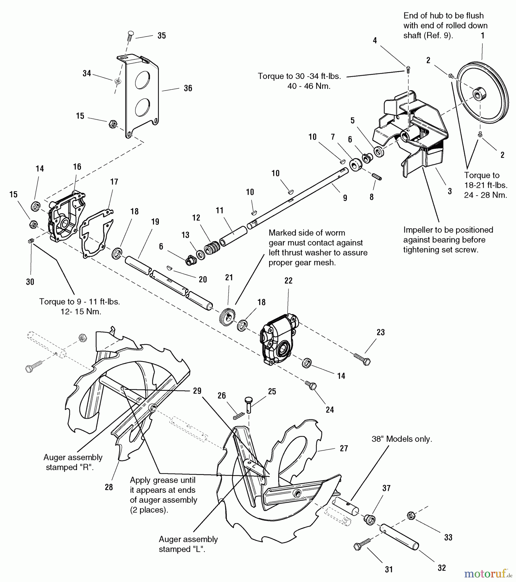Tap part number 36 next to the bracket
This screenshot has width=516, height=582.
click(188, 88)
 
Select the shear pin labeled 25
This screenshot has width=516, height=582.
click(249, 404)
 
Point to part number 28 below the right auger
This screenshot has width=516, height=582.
click(109, 487)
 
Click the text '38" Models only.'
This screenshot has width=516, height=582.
click(401, 439)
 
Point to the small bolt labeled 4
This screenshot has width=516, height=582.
click(408, 68)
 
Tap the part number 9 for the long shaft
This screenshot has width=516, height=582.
click(345, 198)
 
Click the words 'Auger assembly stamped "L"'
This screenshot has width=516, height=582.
click(188, 544)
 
